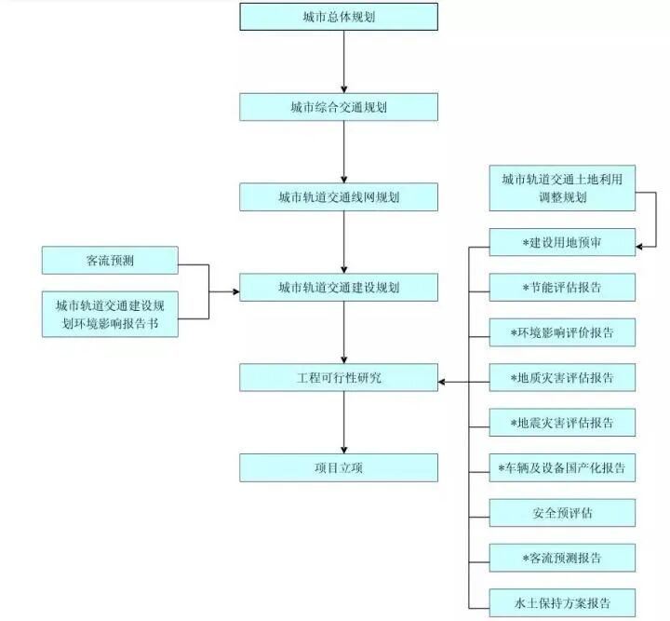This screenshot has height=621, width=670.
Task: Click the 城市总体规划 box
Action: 339,17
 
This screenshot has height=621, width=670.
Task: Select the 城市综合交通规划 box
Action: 339,107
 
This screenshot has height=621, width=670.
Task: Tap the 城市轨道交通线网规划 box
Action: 339,197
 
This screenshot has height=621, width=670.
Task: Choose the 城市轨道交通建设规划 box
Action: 339,288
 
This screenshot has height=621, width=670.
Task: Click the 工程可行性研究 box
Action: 339,377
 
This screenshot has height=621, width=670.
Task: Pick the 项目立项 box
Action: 339,467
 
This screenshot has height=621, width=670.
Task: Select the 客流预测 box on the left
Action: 109,261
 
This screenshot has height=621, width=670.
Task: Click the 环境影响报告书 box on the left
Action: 109,314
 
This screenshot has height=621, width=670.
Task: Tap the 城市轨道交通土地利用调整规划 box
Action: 562,189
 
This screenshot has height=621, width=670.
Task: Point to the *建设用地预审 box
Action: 562,242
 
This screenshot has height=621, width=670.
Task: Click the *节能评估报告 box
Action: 562,287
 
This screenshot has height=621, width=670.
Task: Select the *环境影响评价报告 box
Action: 562,331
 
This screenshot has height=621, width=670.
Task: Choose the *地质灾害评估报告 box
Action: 562,377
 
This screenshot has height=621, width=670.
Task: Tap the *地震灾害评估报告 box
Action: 562,423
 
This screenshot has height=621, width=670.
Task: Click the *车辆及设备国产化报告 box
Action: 562,467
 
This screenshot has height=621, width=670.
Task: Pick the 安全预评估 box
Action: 562,513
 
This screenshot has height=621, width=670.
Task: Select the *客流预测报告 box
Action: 562,558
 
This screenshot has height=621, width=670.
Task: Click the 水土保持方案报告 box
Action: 562,602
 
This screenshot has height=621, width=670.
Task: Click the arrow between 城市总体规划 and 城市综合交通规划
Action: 344,61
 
